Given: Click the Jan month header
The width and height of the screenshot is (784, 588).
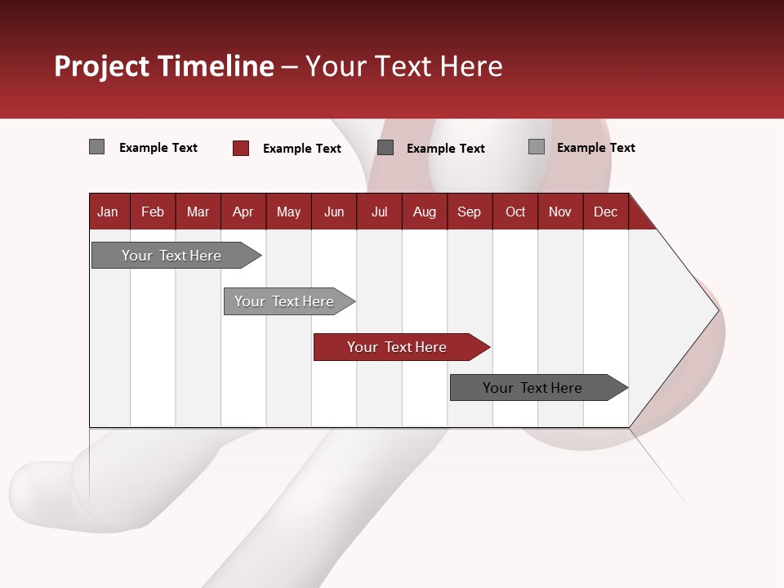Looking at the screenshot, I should click(x=108, y=212).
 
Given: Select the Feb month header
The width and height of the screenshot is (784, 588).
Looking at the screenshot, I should click(x=153, y=212).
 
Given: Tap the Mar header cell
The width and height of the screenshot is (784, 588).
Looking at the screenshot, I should click(x=198, y=212).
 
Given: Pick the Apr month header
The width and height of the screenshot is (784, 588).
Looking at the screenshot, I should click(x=243, y=212).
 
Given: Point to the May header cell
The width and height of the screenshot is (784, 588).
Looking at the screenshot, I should click(x=288, y=212).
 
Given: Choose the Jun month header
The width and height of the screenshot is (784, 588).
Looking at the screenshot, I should click(x=334, y=212).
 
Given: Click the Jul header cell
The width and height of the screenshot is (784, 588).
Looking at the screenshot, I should click(x=379, y=212).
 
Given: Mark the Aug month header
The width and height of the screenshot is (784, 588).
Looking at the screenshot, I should click(x=425, y=212).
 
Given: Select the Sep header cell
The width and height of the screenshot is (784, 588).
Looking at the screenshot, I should click(x=469, y=212).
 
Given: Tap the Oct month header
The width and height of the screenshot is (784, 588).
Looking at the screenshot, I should click(x=515, y=212).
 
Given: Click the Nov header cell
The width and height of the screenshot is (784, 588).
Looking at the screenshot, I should click(x=560, y=212).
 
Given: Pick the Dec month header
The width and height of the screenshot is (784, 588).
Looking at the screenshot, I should click(x=605, y=212).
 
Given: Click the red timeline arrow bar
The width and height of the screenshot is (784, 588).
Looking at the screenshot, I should click(x=397, y=347).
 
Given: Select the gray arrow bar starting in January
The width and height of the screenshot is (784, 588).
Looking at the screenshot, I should click(x=171, y=256).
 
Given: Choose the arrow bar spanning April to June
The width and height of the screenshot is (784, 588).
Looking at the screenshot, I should click(x=284, y=301).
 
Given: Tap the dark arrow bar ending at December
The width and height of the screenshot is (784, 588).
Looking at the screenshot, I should click(x=532, y=388).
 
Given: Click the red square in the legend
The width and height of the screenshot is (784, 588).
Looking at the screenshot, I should click(x=241, y=148).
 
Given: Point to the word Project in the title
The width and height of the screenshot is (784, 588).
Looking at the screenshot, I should click(x=102, y=66).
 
